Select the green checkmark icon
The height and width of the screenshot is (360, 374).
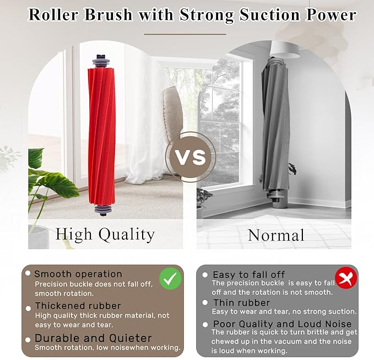(170, 279)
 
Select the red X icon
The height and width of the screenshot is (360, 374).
(346, 279)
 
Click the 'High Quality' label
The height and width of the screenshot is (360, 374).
(105, 234)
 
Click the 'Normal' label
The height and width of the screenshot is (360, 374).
(276, 235)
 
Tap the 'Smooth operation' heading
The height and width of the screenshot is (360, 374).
(78, 274)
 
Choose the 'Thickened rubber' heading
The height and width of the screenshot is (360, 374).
(78, 305)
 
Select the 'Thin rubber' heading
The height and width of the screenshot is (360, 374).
(241, 303)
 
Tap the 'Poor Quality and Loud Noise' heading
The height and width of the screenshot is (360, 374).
(282, 324)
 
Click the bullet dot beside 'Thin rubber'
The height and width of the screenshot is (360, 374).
(205, 303)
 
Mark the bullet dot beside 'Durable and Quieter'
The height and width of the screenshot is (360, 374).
(28, 338)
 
